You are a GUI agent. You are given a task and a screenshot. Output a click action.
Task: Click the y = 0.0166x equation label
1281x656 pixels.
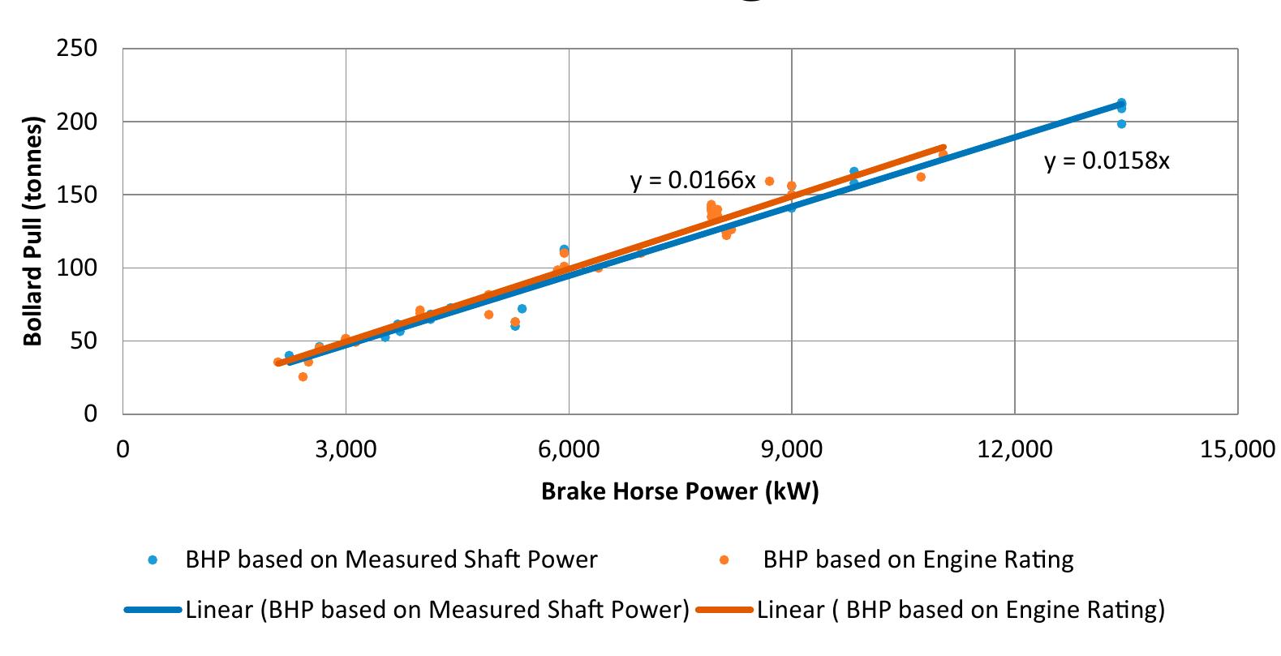click(693, 180)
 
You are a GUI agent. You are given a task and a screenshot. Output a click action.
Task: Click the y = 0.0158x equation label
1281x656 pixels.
click(1107, 161)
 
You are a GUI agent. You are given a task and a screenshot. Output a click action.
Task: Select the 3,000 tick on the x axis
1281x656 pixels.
click(346, 449)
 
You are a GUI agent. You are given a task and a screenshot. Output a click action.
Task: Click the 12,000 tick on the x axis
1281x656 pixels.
click(1015, 449)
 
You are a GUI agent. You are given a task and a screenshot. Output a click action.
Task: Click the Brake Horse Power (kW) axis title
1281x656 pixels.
click(680, 491)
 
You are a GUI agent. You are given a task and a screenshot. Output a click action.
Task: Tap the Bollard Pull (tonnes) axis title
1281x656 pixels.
click(33, 232)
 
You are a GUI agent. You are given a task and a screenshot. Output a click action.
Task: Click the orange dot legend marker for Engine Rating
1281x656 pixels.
click(724, 560)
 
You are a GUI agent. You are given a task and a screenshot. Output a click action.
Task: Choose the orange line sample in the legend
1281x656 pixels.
click(724, 610)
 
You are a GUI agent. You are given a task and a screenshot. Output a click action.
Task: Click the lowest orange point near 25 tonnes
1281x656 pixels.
click(303, 377)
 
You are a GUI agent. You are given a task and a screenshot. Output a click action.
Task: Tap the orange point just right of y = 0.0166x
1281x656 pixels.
click(769, 182)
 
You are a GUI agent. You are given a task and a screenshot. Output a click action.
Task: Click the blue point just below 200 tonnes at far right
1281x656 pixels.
click(1121, 124)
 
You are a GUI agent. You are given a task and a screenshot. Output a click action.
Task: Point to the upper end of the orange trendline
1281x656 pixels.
click(943, 148)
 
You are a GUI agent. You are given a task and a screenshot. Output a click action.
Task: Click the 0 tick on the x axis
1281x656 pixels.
click(123, 449)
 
